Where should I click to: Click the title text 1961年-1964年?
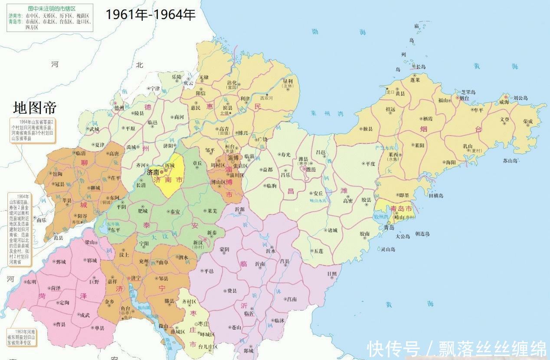click(x=151, y=15)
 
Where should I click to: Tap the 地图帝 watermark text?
click(x=35, y=107)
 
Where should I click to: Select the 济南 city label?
click(x=153, y=172)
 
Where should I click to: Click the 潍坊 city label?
click(x=311, y=170)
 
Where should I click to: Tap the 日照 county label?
click(x=332, y=273)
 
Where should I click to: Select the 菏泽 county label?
click(x=56, y=288)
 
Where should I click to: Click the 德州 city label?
click(x=119, y=108)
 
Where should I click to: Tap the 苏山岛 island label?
click(x=511, y=160)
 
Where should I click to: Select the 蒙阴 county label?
click(x=224, y=249)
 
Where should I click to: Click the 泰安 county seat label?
click(x=175, y=212)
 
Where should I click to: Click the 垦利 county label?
click(x=288, y=81)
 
